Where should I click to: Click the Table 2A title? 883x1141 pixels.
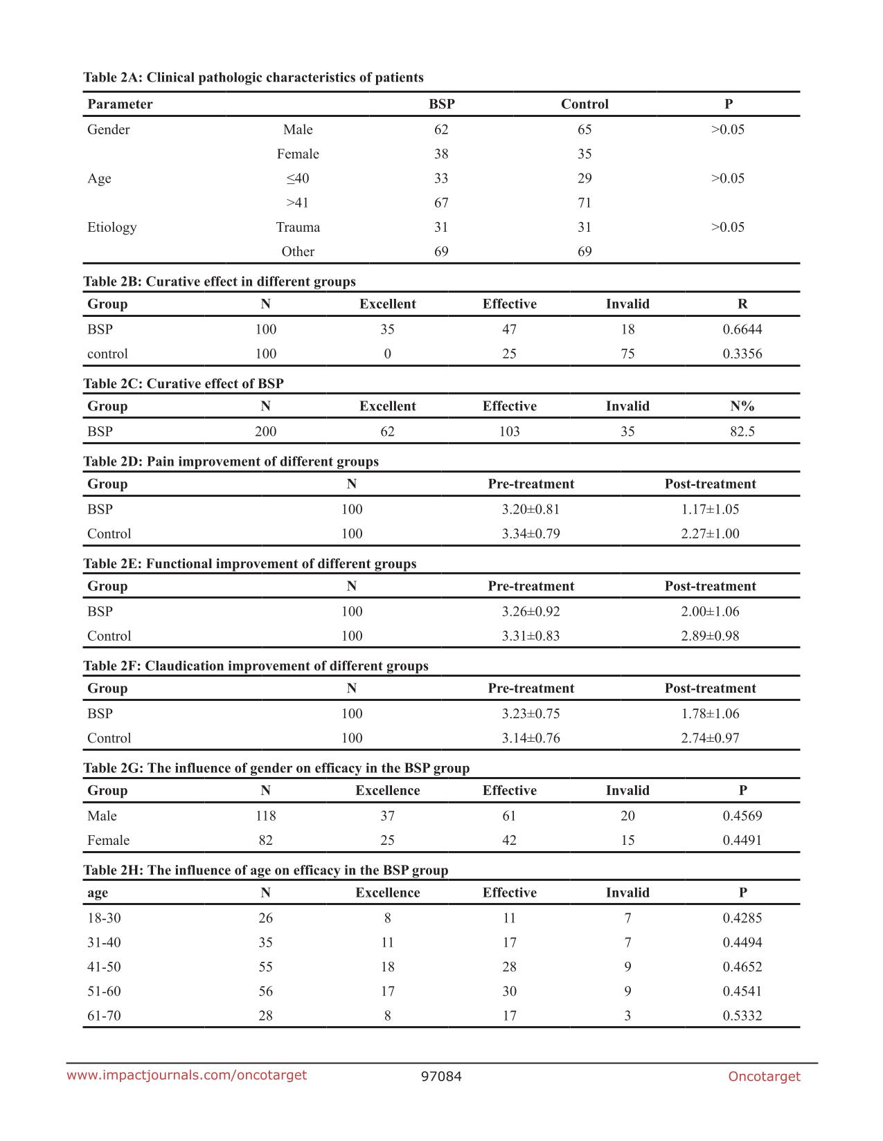click(x=253, y=77)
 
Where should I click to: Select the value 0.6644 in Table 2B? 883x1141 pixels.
click(x=742, y=329)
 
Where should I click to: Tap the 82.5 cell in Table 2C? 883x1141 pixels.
click(x=742, y=432)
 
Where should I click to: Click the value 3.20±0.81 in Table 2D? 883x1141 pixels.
click(x=530, y=509)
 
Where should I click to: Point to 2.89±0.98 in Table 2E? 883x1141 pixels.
click(x=710, y=636)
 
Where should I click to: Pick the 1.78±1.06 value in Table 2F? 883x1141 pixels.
click(x=710, y=713)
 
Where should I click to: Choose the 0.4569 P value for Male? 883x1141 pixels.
click(x=742, y=816)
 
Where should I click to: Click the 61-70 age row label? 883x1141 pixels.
click(x=104, y=1016)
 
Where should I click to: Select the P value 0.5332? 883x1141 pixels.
click(x=742, y=1016)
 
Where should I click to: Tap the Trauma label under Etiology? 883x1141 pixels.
click(x=298, y=228)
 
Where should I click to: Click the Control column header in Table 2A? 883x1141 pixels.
click(x=585, y=104)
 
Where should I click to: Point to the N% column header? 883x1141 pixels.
click(x=742, y=406)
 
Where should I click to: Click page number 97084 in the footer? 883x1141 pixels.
click(x=441, y=1077)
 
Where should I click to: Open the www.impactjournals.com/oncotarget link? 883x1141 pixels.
click(x=186, y=1075)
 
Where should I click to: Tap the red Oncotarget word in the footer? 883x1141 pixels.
click(x=764, y=1077)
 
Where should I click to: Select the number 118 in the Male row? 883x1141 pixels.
click(x=265, y=816)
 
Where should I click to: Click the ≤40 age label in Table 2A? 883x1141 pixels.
click(x=298, y=179)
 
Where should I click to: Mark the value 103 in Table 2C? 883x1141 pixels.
click(x=509, y=432)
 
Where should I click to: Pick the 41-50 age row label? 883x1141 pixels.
click(x=104, y=967)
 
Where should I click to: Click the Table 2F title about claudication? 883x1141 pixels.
click(x=256, y=666)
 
